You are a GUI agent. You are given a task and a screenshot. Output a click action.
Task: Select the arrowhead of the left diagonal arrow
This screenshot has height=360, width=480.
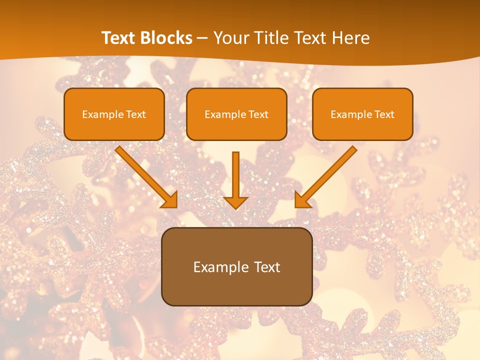170,200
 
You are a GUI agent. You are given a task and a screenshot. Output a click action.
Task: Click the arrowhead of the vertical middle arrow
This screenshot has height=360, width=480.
235,202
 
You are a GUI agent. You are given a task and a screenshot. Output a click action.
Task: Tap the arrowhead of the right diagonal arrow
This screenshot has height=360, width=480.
302,200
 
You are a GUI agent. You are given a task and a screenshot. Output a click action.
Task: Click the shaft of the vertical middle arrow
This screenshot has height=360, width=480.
235,172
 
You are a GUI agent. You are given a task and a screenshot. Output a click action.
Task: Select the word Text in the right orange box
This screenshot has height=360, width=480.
384,114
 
